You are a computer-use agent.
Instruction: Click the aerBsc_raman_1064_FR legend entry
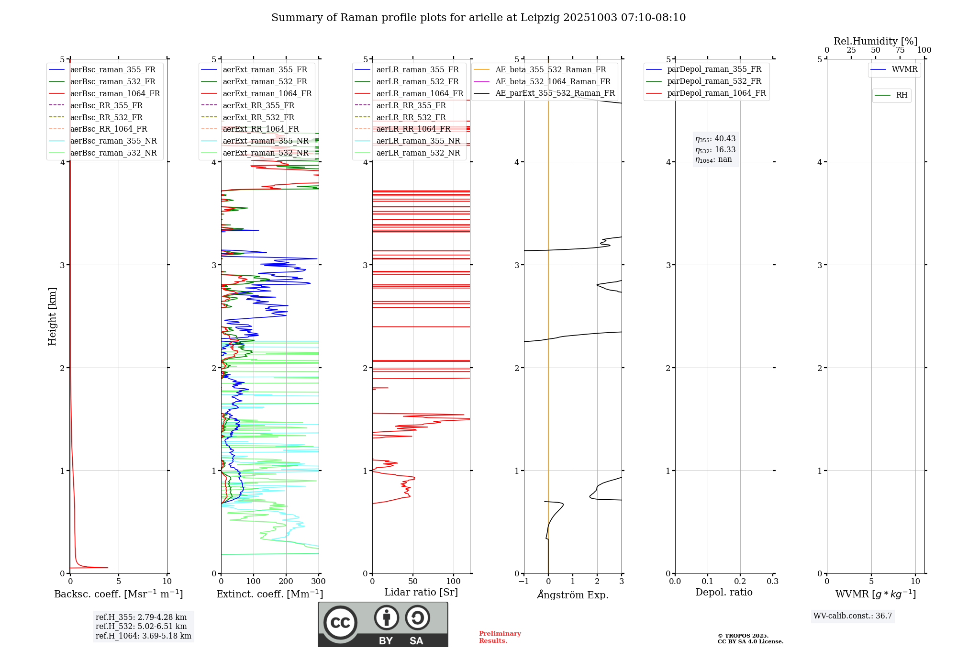click(115, 94)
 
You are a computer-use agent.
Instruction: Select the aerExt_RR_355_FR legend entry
click(258, 106)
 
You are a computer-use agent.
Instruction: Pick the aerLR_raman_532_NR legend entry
click(418, 153)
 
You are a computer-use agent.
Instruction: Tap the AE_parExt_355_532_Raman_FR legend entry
click(555, 93)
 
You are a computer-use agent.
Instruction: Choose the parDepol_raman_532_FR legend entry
click(714, 81)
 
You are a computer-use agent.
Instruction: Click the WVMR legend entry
click(904, 69)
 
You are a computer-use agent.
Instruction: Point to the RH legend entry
click(901, 95)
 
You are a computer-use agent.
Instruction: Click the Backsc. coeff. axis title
click(118, 594)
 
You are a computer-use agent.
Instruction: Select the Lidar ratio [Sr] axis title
click(421, 593)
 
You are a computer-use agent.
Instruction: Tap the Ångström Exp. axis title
click(573, 595)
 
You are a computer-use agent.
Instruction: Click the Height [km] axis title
click(52, 316)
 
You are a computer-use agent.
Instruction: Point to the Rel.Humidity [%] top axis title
click(875, 41)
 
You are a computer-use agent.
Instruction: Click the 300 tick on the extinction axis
click(319, 582)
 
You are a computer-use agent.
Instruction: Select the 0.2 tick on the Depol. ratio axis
click(740, 582)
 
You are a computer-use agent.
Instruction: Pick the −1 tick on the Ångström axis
click(523, 582)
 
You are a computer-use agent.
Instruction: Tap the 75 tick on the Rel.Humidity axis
click(900, 50)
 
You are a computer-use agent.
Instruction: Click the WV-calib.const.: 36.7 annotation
click(853, 616)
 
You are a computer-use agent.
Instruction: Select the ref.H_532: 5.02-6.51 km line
click(141, 627)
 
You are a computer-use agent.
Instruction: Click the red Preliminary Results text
click(500, 637)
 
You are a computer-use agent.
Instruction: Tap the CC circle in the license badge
click(340, 622)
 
